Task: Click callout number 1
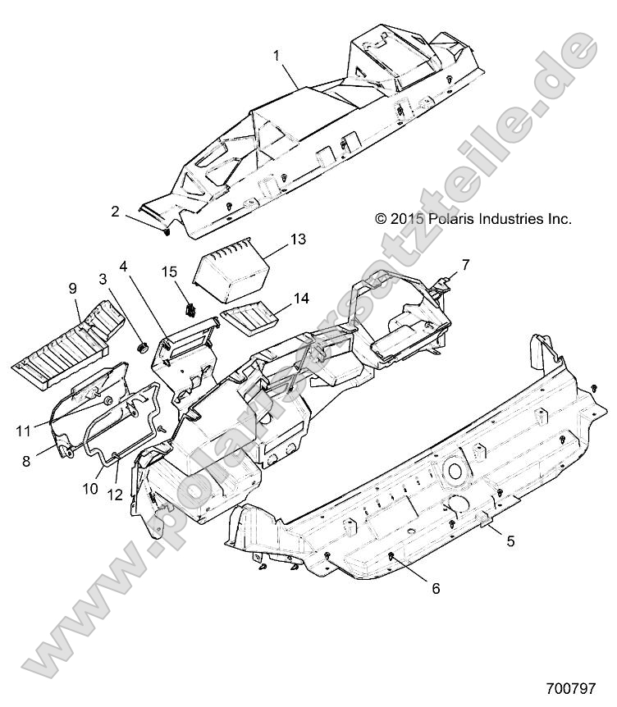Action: pos(277,56)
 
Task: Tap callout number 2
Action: pos(116,211)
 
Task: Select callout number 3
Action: pos(103,279)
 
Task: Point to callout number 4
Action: pos(123,267)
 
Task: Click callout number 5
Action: pos(510,541)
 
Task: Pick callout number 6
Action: pos(436,588)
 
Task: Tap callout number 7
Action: pos(465,265)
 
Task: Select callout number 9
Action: pos(73,289)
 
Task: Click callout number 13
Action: pos(298,239)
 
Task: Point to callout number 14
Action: pos(302,298)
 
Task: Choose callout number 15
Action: pos(170,271)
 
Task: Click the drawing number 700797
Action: pos(571,688)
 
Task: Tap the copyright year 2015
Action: pos(407,219)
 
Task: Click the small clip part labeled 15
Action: pos(191,309)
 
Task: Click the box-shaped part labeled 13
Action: pos(231,270)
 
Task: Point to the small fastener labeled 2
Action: pos(166,232)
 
